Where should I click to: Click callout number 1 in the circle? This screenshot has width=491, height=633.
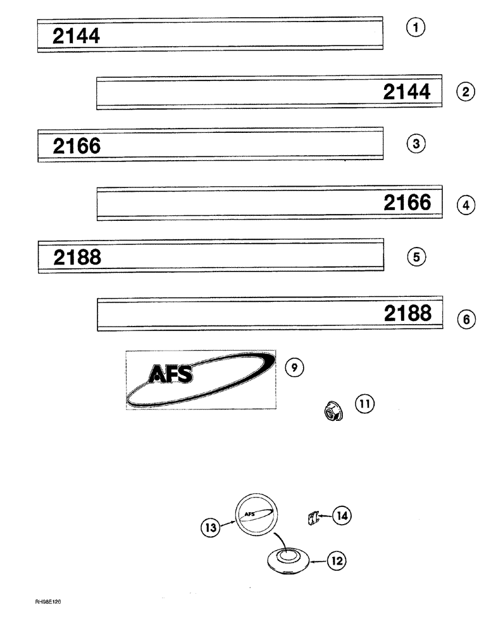point(416,27)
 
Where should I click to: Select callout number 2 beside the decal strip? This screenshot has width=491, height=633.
point(465,92)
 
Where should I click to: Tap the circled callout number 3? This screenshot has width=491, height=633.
point(415,144)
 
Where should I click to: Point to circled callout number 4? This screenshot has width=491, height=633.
point(465,205)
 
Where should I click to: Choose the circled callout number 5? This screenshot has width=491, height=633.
point(416,257)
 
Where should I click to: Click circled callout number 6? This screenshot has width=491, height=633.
point(466,320)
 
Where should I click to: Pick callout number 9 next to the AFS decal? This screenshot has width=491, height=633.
point(294,367)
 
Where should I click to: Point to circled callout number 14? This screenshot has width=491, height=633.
point(342,517)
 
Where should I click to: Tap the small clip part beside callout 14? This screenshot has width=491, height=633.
point(310,518)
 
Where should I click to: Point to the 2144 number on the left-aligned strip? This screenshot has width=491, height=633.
point(77,36)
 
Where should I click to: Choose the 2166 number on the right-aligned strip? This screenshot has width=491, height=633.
point(407,203)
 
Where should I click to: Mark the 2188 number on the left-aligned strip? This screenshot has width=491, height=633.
point(77,258)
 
